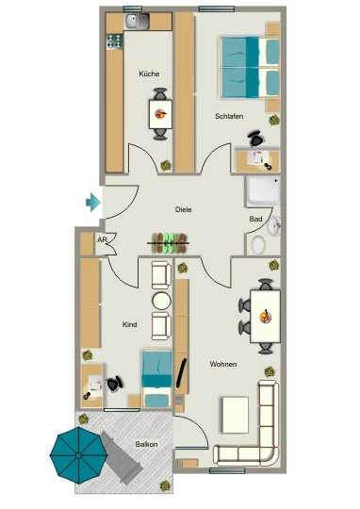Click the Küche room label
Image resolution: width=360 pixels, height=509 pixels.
[x=149, y=74]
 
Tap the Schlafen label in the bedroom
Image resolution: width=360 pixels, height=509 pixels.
[x=229, y=116]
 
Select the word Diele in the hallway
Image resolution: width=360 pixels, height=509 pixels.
[x=184, y=209]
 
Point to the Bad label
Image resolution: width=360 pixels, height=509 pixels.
[x=255, y=219]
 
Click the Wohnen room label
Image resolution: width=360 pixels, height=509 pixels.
[x=223, y=364]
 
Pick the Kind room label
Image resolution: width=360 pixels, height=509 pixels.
[x=129, y=324]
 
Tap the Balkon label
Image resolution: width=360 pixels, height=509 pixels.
[x=146, y=444]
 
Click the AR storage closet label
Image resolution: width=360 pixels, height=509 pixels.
[x=102, y=240]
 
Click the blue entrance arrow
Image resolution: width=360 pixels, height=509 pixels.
[x=93, y=203]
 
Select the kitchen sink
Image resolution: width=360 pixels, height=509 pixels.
[x=138, y=22]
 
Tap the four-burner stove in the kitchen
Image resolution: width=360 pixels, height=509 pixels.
[x=115, y=41]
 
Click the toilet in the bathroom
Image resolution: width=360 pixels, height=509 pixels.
[x=258, y=244]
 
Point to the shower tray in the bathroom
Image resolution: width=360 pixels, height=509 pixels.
[x=263, y=190]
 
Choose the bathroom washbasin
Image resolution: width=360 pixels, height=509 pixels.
[x=274, y=225]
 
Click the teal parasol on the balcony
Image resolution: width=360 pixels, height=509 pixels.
[x=78, y=455]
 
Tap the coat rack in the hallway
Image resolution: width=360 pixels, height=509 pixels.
[x=168, y=243]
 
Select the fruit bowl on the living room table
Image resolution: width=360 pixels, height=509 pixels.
[x=265, y=316]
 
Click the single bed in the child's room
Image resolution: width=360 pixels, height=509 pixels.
[x=156, y=378]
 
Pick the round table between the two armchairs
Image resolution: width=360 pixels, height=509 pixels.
[x=161, y=301]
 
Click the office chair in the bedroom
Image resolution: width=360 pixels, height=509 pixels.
[x=256, y=139]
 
